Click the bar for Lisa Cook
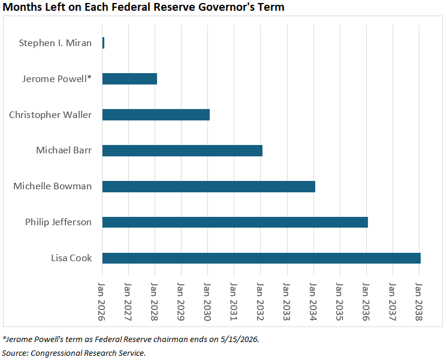click(x=261, y=258)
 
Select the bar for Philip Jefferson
click(x=235, y=222)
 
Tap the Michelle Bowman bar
click(x=209, y=186)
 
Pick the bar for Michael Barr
click(x=182, y=150)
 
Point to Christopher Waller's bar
click(x=156, y=114)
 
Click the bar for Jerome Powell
click(x=129, y=78)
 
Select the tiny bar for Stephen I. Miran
click(x=103, y=43)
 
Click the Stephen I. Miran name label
click(x=55, y=43)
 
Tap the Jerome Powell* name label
click(x=57, y=78)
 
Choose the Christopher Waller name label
click(x=50, y=114)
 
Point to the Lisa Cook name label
click(x=71, y=258)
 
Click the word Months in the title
click(x=22, y=8)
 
